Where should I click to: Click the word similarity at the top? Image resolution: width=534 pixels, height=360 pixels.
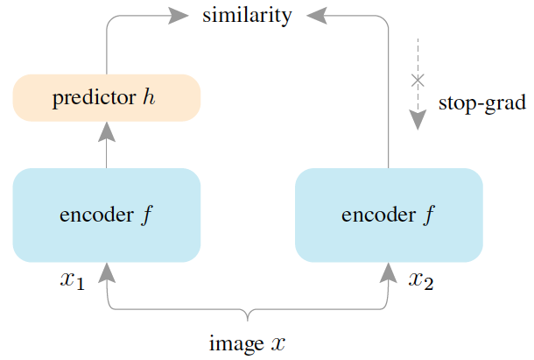[x=247, y=16]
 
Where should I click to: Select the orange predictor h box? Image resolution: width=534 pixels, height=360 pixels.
[x=107, y=98]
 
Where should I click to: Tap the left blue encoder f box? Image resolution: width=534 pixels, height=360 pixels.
[x=107, y=215]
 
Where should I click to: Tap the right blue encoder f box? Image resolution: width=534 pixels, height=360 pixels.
[x=389, y=215]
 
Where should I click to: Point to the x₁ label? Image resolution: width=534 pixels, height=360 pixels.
[x=72, y=282]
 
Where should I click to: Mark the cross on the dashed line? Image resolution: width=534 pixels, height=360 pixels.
[x=418, y=81]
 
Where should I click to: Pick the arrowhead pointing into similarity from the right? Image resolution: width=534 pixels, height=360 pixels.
[x=316, y=15]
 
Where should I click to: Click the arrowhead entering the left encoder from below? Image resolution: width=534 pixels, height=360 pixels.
[x=107, y=272]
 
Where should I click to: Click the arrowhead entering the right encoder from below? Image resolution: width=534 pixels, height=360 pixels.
[x=389, y=272]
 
